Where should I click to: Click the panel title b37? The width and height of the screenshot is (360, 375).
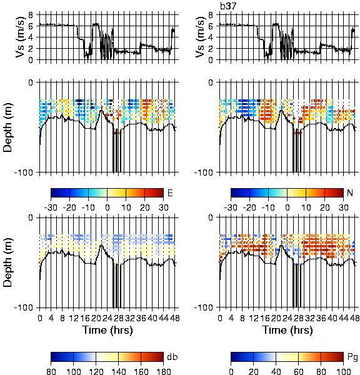click(x=227, y=6)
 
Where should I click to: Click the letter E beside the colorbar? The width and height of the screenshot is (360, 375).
click(x=170, y=192)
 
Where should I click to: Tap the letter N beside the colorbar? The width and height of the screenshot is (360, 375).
click(x=350, y=192)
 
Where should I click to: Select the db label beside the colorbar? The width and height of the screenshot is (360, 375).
click(x=172, y=357)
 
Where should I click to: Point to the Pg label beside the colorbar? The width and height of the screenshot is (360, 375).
click(x=352, y=357)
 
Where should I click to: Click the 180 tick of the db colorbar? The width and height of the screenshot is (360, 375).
click(x=163, y=371)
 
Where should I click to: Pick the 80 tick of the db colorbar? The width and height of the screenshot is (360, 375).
click(x=51, y=371)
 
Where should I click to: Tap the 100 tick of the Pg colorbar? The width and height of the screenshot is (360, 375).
click(x=343, y=371)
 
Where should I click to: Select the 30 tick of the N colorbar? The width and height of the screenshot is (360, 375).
click(x=344, y=207)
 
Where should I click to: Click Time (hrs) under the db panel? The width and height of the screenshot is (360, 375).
click(x=107, y=330)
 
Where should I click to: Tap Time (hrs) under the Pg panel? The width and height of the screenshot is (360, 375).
click(x=287, y=330)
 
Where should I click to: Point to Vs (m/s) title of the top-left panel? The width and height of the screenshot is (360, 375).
click(x=20, y=37)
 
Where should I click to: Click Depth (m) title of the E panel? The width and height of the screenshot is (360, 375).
click(x=7, y=127)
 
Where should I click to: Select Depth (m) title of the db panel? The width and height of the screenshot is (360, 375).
click(x=7, y=262)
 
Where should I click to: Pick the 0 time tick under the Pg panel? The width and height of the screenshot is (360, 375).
click(x=220, y=318)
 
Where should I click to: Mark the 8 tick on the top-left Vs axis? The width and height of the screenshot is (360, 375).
click(x=31, y=15)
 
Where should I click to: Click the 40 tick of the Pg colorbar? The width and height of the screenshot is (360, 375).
click(x=276, y=371)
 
